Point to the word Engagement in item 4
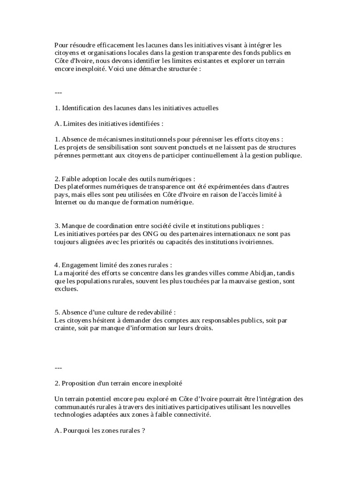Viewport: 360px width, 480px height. pos(82,265)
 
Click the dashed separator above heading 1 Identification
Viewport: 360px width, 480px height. pos(59,92)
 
